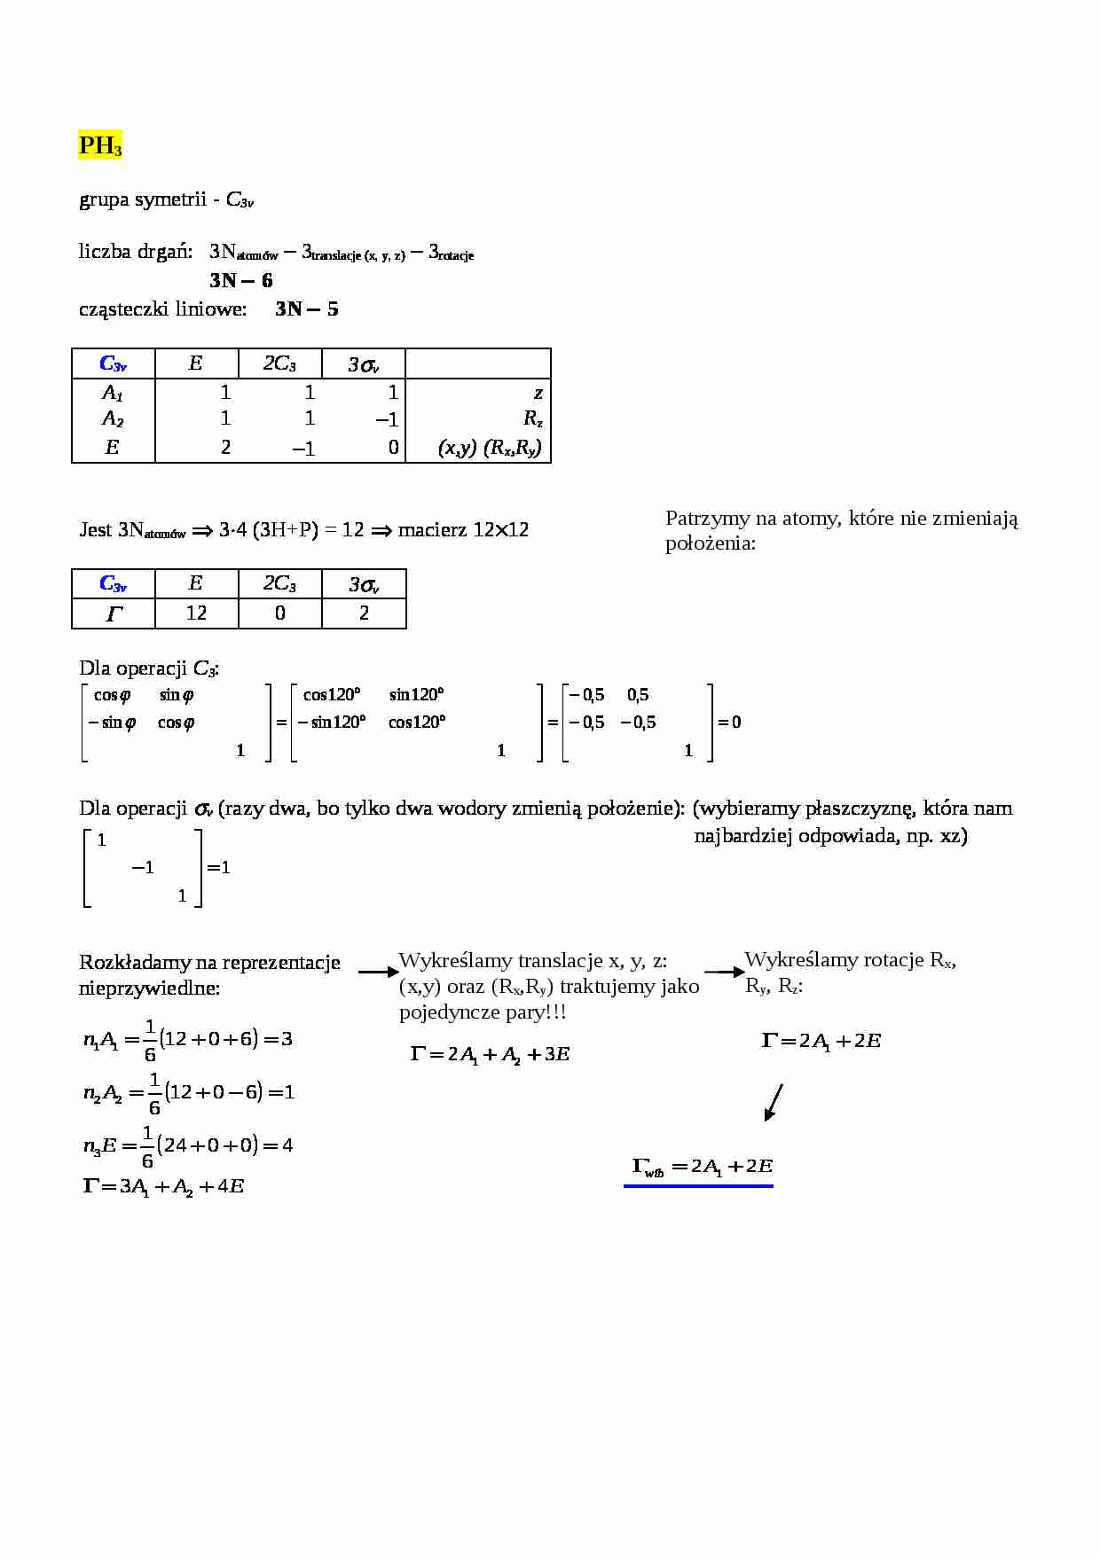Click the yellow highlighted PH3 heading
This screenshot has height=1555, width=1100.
(x=99, y=145)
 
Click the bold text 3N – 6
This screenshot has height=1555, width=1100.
(x=241, y=281)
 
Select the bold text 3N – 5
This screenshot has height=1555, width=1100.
(x=307, y=309)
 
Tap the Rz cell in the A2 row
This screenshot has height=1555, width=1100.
(x=532, y=418)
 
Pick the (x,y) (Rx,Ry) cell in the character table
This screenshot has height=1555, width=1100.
(x=490, y=448)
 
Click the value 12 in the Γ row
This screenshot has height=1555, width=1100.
(x=196, y=613)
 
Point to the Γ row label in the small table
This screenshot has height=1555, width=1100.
(x=113, y=613)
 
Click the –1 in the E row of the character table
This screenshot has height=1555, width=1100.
(x=303, y=449)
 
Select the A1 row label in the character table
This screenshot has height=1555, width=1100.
(x=112, y=392)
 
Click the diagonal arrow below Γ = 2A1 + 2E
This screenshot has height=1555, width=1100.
(x=774, y=1102)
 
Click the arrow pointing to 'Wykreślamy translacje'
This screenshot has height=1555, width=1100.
(x=378, y=973)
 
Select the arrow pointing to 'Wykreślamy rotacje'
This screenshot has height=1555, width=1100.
(x=724, y=973)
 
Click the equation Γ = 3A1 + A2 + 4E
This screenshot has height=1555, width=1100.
(x=163, y=1186)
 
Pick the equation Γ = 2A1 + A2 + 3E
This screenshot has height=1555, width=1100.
(x=490, y=1054)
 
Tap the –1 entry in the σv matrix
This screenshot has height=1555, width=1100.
(x=143, y=867)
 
